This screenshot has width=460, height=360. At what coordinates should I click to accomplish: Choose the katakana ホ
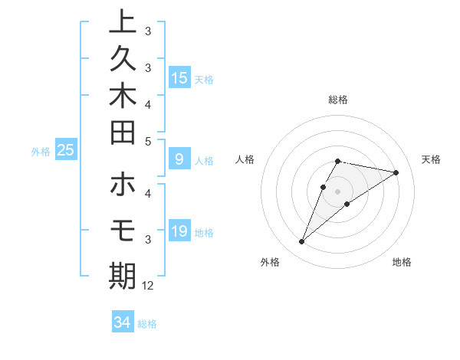click(x=123, y=185)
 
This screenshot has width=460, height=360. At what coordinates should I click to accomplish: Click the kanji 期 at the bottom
click(x=123, y=275)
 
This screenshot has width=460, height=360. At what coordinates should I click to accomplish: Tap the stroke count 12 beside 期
click(x=148, y=285)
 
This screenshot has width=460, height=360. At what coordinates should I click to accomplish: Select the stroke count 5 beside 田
click(x=148, y=141)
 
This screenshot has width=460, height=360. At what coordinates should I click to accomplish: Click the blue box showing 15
click(x=179, y=78)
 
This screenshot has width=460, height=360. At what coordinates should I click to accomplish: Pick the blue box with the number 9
click(x=179, y=160)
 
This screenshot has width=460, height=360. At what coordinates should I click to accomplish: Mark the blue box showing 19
click(x=179, y=232)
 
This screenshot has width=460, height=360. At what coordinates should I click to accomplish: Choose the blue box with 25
click(x=66, y=151)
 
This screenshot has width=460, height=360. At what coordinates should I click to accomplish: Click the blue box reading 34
click(x=122, y=322)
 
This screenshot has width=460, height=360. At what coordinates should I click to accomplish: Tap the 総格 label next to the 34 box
click(x=147, y=324)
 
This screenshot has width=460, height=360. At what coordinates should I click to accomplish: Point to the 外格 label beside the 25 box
click(x=41, y=152)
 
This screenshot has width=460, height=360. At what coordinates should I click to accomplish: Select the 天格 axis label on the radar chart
click(x=431, y=159)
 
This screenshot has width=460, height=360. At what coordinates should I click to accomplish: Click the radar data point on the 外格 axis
click(x=302, y=242)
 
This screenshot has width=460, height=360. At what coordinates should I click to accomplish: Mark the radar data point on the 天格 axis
click(x=396, y=172)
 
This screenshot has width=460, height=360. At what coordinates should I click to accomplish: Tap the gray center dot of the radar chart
click(x=338, y=191)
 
